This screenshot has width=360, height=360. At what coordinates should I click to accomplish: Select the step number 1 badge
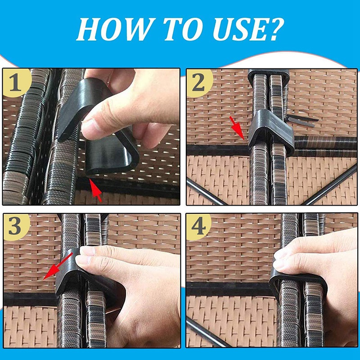pyautogui.click(x=15, y=83)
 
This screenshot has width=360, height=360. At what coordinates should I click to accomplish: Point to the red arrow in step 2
pyautogui.click(x=237, y=127)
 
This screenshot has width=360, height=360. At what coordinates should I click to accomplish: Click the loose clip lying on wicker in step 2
pyautogui.click(x=302, y=120)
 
